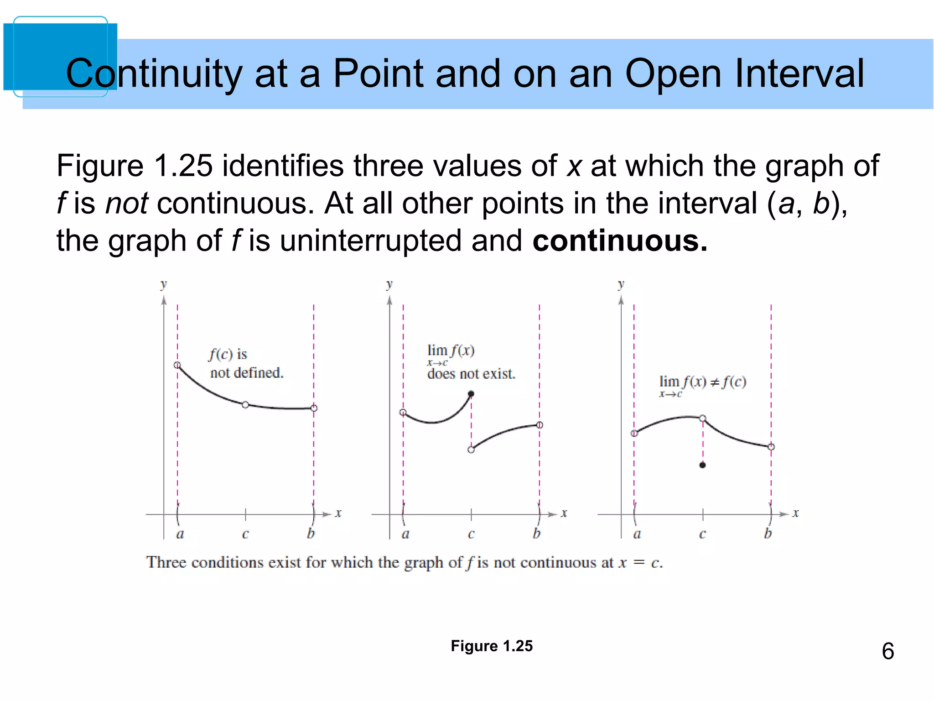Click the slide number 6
coord(887,651)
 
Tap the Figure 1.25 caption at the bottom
coord(492,646)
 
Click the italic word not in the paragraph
coord(126,203)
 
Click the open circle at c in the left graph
coord(245,405)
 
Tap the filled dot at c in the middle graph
coord(471,394)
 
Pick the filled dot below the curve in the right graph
coord(702,465)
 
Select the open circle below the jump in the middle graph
coord(471,450)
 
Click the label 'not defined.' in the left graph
coord(247,373)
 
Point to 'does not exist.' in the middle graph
coord(471,374)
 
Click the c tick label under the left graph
coord(245,534)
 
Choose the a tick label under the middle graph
coord(405,534)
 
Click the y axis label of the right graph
coord(621,284)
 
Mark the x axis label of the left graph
coord(338,513)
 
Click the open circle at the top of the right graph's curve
coord(702,418)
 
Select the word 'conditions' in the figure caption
coord(227,563)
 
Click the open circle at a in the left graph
coord(177,365)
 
